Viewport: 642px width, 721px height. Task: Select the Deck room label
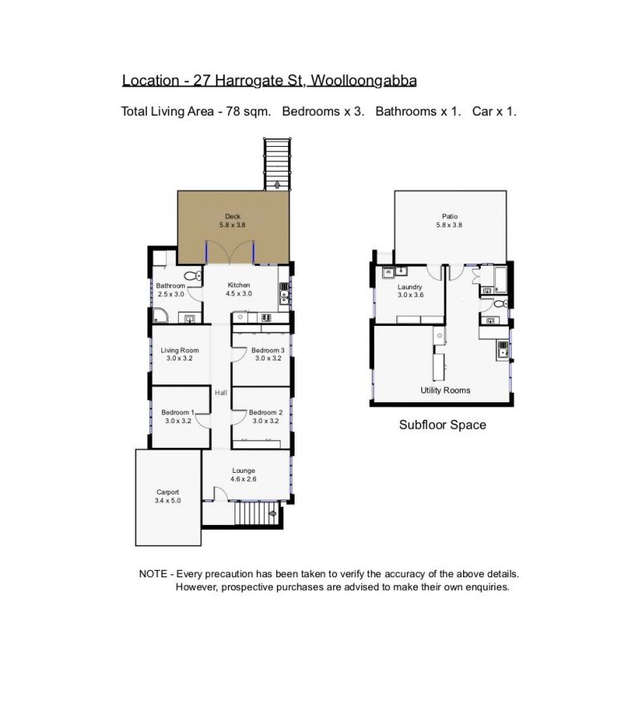click(233, 216)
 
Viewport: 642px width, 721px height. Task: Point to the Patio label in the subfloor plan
click(450, 216)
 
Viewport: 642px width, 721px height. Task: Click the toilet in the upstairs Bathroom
click(193, 276)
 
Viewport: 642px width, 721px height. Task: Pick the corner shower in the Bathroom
click(160, 316)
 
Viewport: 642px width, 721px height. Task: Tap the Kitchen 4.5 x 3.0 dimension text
click(239, 294)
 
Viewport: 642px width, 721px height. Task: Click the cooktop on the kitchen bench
click(266, 317)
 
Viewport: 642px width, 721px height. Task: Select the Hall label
click(221, 393)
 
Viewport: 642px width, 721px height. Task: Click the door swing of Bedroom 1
click(203, 420)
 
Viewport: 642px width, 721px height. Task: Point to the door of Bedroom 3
click(239, 355)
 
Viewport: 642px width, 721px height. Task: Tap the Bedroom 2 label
click(266, 413)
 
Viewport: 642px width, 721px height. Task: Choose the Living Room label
click(180, 350)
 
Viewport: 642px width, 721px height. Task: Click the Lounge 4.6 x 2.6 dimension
click(244, 479)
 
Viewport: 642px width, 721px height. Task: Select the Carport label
click(168, 492)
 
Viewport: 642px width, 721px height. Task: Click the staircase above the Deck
click(277, 164)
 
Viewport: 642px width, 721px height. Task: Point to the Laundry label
click(409, 287)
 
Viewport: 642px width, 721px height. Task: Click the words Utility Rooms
click(445, 390)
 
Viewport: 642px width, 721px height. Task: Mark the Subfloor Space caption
click(442, 425)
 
